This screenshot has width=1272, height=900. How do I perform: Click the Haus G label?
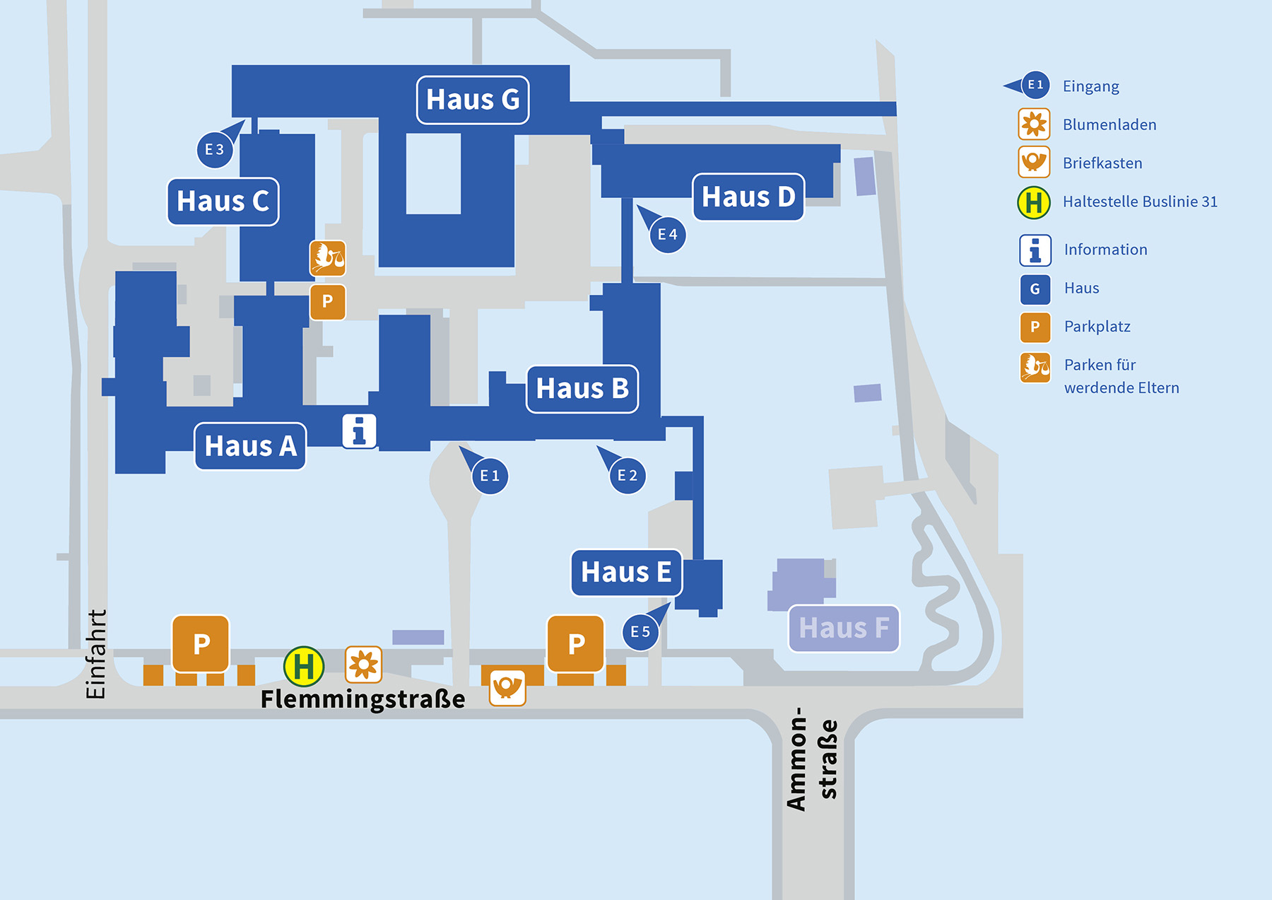point(473,100)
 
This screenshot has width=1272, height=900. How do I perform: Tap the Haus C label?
point(223,201)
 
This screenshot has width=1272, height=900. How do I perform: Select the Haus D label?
point(748,197)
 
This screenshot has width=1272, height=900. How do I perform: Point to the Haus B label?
point(582,389)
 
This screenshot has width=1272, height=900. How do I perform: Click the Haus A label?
point(250,446)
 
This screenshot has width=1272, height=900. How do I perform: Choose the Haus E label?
point(626,573)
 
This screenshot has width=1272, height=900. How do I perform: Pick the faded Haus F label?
point(844,629)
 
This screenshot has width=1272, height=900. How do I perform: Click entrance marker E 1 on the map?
point(489,475)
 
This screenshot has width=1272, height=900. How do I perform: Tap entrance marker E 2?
point(627,475)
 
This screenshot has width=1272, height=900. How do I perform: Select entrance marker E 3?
point(215,149)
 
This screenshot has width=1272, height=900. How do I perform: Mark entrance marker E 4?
point(667,234)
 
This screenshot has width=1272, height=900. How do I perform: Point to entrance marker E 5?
point(640,631)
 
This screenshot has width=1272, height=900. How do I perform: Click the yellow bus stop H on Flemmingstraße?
point(304,666)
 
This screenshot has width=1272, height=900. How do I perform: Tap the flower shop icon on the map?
point(363,665)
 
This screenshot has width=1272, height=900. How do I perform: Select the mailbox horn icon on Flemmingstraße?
point(507,688)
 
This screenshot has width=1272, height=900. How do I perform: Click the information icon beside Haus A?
point(359,431)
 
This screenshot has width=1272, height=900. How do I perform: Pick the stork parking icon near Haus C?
point(328,258)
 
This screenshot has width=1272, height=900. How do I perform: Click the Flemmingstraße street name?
point(363,699)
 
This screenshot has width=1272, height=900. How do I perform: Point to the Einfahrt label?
point(95,655)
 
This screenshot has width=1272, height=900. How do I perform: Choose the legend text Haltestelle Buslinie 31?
point(1140,201)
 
